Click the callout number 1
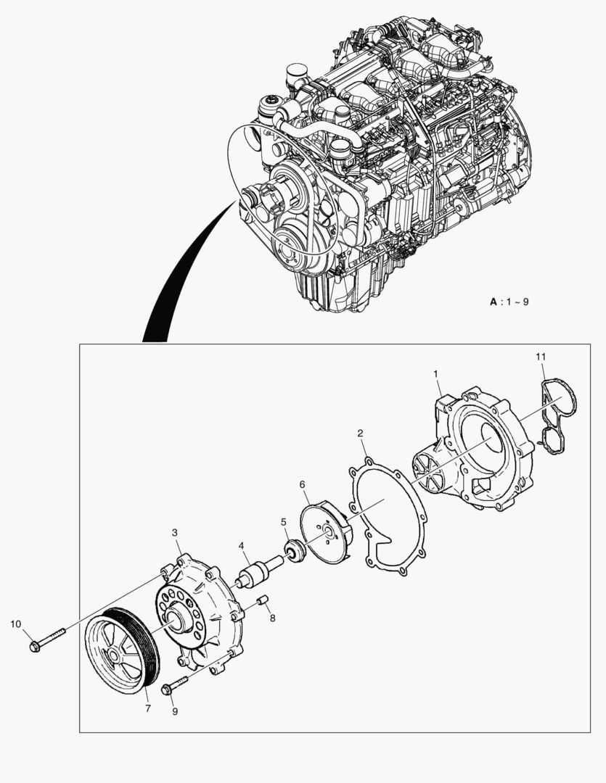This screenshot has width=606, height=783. pyautogui.click(x=435, y=373)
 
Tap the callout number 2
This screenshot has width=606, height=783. pyautogui.click(x=361, y=434)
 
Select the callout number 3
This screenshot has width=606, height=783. pyautogui.click(x=175, y=533)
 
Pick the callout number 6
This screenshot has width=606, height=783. pyautogui.click(x=302, y=484)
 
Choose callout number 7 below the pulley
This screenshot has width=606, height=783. pyautogui.click(x=147, y=708)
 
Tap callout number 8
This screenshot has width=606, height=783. pyautogui.click(x=272, y=618)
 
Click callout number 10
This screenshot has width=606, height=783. pyautogui.click(x=16, y=623)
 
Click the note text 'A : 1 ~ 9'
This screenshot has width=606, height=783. pyautogui.click(x=509, y=301)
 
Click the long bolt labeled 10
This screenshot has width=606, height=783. pyautogui.click(x=47, y=638)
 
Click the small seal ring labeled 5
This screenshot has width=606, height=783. pyautogui.click(x=294, y=551)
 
